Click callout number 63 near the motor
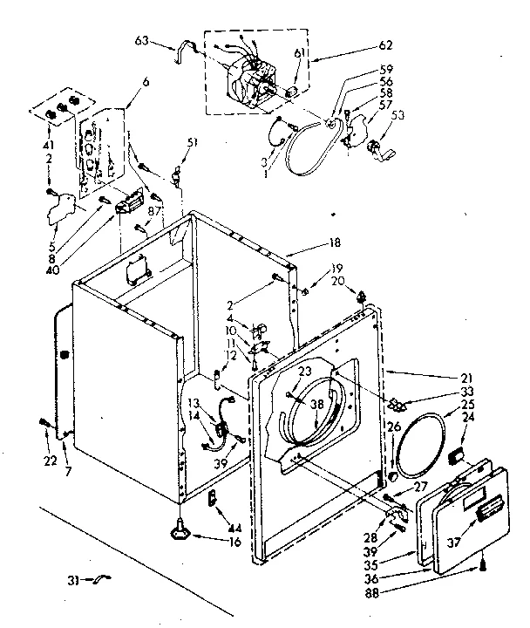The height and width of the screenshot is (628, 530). [x=142, y=41]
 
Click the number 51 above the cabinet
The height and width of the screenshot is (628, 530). [x=193, y=143]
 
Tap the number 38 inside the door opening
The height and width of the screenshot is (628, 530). [x=316, y=404]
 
